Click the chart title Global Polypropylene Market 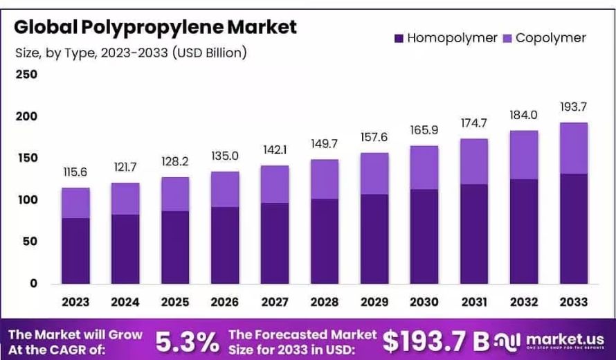(x=155, y=28)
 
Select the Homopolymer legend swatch (x=399, y=38)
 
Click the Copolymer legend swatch (x=507, y=38)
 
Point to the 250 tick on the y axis (x=26, y=74)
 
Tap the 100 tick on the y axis (x=26, y=200)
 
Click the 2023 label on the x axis (x=75, y=302)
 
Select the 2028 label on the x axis (x=325, y=302)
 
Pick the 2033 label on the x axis (x=574, y=302)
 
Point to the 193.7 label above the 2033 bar (x=574, y=107)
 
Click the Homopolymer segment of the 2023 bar (x=75, y=251)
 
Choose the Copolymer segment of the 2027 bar (x=275, y=184)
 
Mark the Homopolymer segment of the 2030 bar (x=424, y=236)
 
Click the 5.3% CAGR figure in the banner (x=186, y=341)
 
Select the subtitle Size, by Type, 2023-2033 (x=131, y=52)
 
